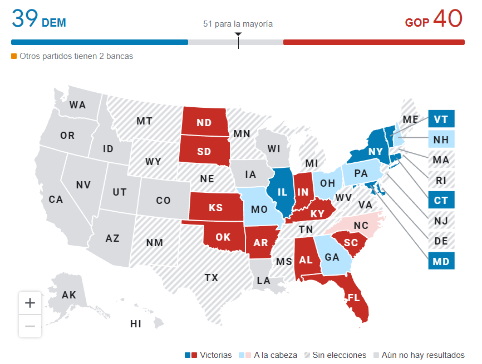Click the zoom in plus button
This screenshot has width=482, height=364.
[x=30, y=303]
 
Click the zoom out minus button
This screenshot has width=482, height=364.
[x=30, y=326]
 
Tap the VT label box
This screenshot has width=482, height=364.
[x=441, y=119]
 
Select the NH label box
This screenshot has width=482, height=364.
[x=441, y=139]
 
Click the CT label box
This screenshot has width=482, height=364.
[x=441, y=200]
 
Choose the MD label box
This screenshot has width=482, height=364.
[x=441, y=260]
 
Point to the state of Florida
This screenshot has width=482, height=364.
[x=354, y=298]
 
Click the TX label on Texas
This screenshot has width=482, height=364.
[x=212, y=277]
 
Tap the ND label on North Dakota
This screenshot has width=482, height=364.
[x=204, y=123]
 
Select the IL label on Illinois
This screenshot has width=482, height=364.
[x=283, y=192]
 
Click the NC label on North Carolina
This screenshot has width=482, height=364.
[x=361, y=226]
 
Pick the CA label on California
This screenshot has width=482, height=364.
[x=56, y=199]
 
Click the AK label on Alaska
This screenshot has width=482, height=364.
[x=69, y=295]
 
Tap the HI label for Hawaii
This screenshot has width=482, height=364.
[x=136, y=323]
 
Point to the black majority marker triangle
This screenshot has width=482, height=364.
[x=238, y=34]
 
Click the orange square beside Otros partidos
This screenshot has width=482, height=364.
[x=14, y=56]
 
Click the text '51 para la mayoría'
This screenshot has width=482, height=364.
[x=238, y=24]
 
